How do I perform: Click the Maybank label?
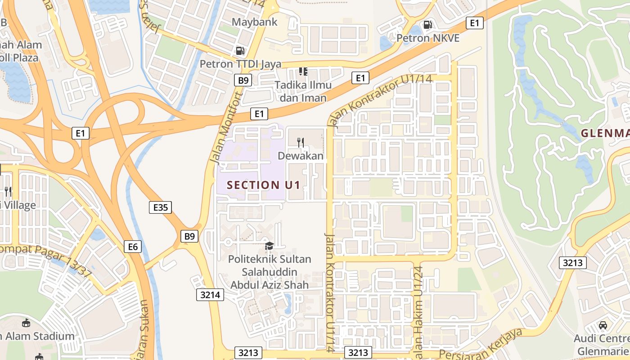point(254,22)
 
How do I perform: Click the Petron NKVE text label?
point(427,38)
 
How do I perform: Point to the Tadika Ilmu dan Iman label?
point(303,91)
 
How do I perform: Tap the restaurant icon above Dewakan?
point(301,143)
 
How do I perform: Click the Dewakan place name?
point(301,156)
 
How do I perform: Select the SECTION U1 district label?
point(263,185)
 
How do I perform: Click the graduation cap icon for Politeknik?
point(269,246)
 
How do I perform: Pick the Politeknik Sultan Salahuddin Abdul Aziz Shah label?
point(270,272)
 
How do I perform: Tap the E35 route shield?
point(160,207)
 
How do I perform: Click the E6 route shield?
point(133,246)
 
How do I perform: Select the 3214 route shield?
point(210,295)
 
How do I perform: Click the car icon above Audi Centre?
point(603,325)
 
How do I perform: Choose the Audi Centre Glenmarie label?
point(602,344)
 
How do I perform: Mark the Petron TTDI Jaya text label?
point(240,64)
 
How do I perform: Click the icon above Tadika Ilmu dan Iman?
point(303,72)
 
